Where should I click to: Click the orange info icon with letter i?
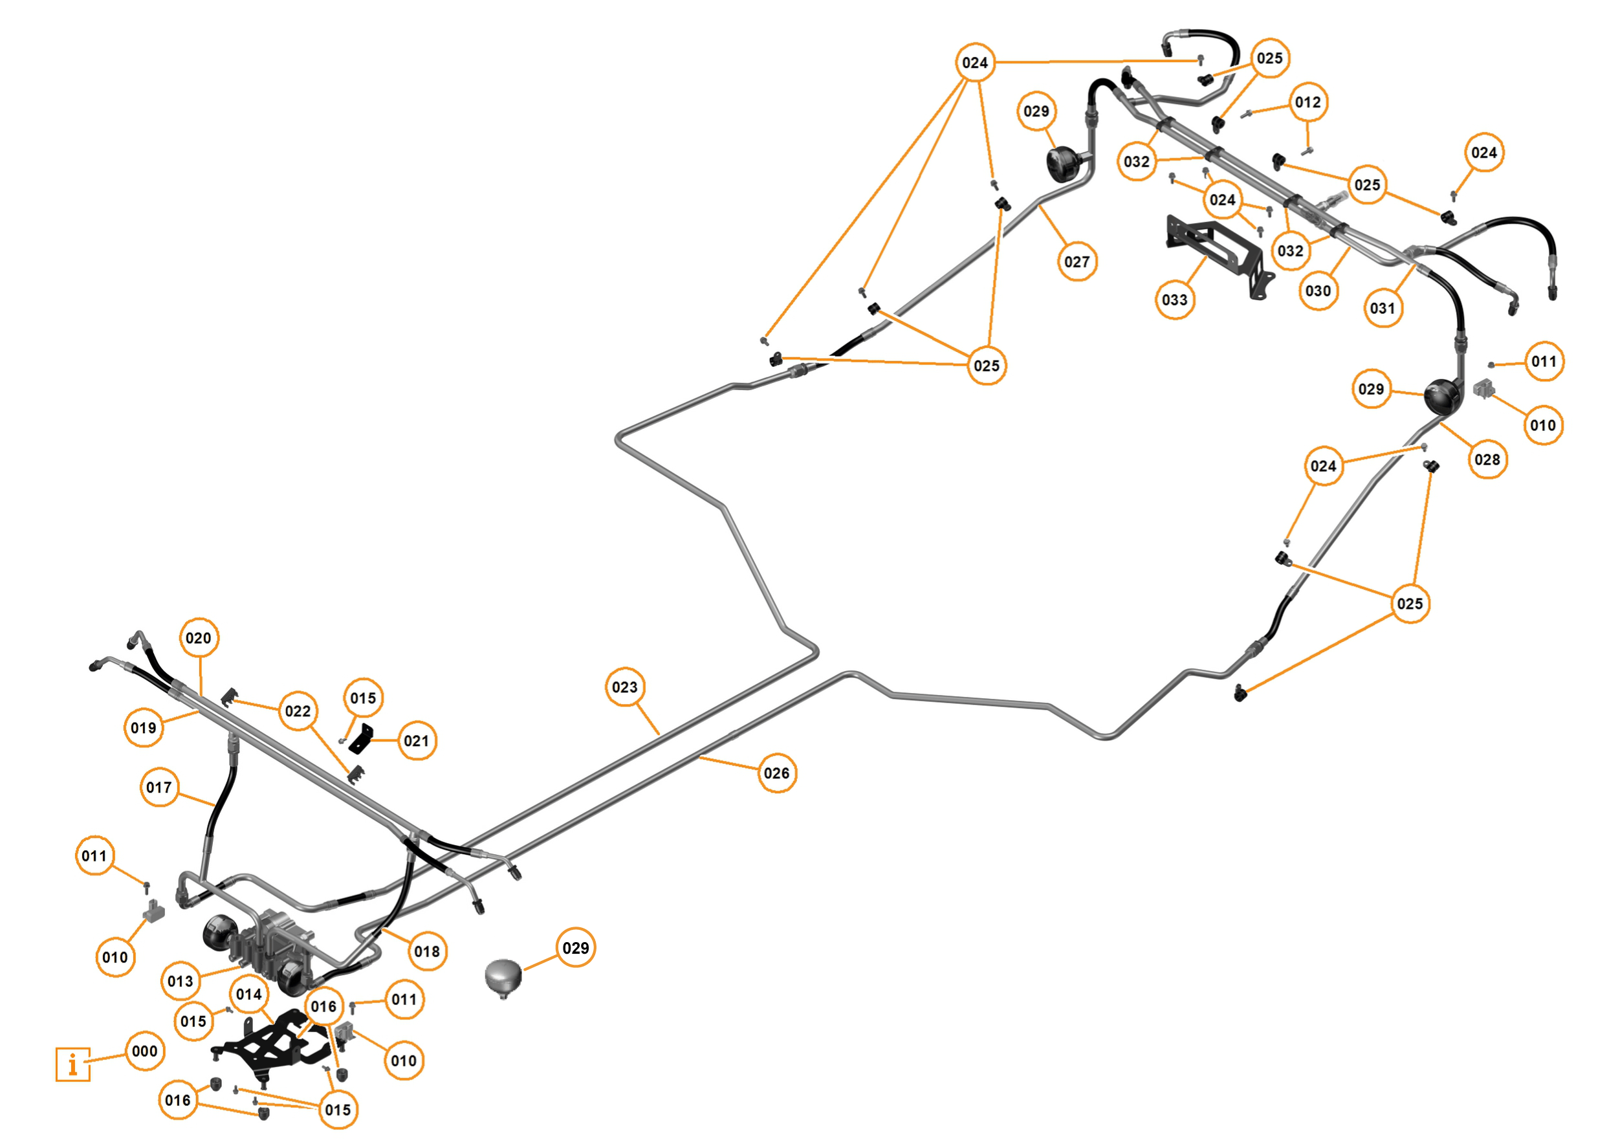point(72,1064)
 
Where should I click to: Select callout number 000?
point(144,1051)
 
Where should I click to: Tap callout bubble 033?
point(1174,300)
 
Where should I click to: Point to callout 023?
point(624,687)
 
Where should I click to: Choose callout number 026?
point(776,773)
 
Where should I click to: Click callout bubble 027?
point(1077,261)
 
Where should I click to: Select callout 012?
point(1308,102)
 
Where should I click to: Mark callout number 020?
point(199,638)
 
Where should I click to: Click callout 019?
point(144,727)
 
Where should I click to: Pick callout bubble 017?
point(159,787)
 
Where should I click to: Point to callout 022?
point(298,711)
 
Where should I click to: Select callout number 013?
point(180,980)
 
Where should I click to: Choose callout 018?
point(427,952)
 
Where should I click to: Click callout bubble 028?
point(1487,459)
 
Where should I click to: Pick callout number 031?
point(1383,308)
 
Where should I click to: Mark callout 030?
point(1318,291)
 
